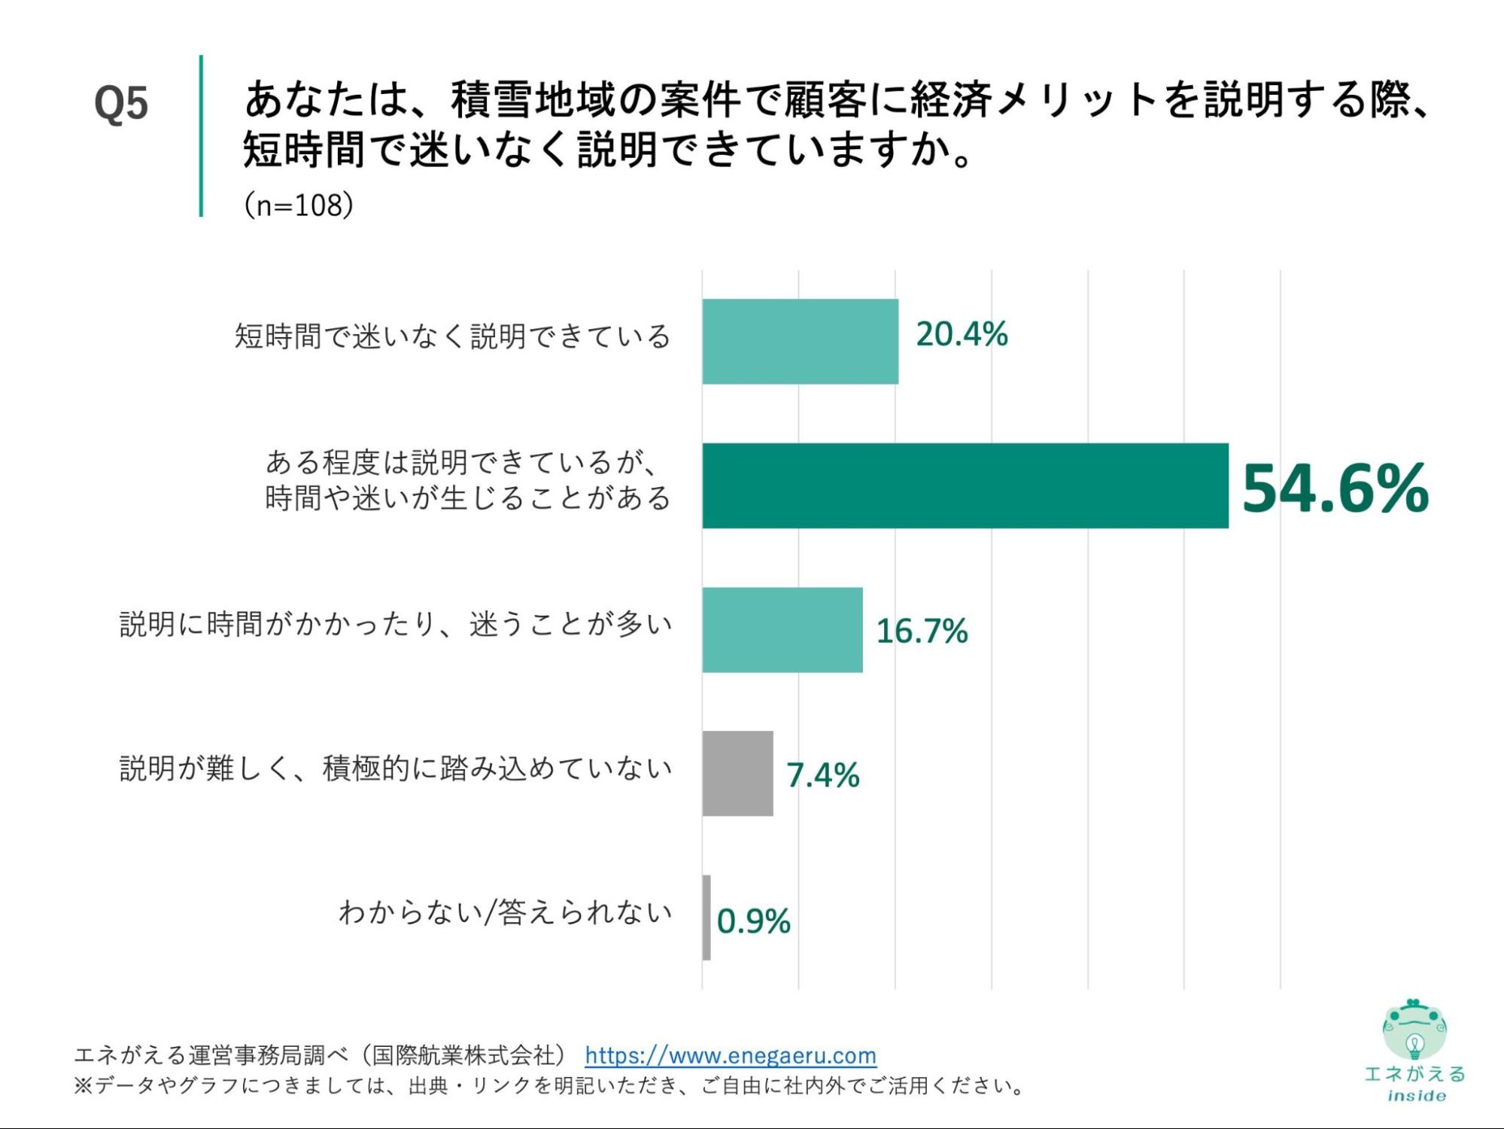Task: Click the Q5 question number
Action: (x=121, y=103)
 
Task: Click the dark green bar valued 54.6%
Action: (x=965, y=485)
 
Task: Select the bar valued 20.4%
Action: (x=800, y=341)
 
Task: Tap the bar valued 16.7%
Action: (x=782, y=629)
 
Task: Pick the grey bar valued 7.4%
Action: (x=737, y=773)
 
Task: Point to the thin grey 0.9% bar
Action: (x=706, y=917)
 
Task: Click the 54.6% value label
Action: (x=1334, y=488)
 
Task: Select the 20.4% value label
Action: (x=961, y=334)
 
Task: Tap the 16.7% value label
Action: (x=921, y=631)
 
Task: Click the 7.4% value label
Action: (x=822, y=775)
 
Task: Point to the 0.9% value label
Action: (x=753, y=921)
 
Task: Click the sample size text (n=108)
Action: (x=299, y=205)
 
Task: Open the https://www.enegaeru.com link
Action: (x=730, y=1055)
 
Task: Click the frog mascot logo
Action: (x=1414, y=1029)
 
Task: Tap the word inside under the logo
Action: (x=1416, y=1096)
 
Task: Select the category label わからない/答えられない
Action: (x=505, y=911)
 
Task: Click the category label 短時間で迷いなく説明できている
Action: (x=452, y=336)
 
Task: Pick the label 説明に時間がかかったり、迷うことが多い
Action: (x=396, y=624)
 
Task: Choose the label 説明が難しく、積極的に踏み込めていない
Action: (x=396, y=768)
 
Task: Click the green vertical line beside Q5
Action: (x=201, y=135)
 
